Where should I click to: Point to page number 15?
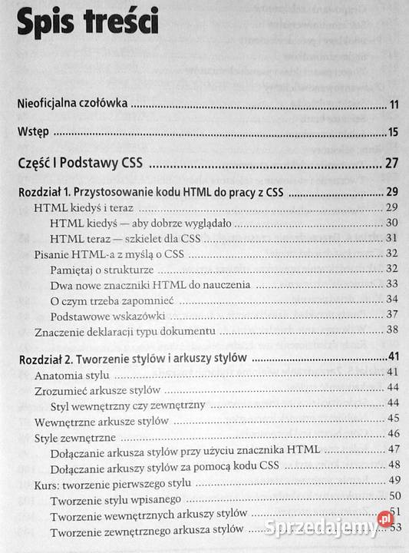pos(393,133)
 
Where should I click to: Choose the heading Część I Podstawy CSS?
pos(83,163)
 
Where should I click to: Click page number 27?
pos(391,163)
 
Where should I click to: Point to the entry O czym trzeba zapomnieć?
pos(110,300)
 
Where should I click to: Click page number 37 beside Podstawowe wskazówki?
pos(391,314)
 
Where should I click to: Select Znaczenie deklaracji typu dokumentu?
pos(125,332)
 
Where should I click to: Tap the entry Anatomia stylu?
pos(73,375)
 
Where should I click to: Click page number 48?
pos(394,465)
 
